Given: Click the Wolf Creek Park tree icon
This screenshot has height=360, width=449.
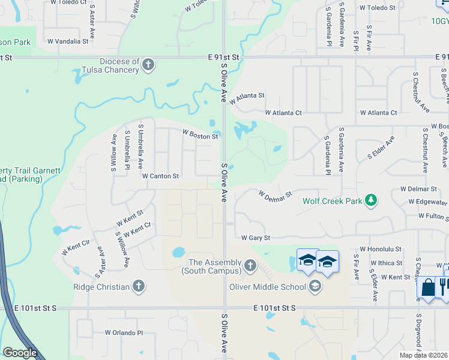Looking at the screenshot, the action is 372,200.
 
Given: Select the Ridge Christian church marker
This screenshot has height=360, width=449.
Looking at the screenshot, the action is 139,286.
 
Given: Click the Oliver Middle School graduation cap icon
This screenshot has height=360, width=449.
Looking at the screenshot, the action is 314,286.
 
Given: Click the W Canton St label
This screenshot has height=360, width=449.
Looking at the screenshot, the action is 160,176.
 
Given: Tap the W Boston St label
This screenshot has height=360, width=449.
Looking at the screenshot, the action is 200,136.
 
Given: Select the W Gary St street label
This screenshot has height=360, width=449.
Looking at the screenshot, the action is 256,238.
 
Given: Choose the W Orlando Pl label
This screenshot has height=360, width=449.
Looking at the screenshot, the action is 124,332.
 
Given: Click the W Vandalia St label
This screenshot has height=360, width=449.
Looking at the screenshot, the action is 67,41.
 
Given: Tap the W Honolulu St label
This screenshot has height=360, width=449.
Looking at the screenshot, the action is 380,248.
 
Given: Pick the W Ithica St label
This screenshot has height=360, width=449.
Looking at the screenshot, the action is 386,263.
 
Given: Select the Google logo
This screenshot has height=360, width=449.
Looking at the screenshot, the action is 20,353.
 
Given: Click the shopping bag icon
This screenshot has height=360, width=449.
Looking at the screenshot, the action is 428,288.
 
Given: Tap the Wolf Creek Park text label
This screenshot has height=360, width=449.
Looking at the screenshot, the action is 332,201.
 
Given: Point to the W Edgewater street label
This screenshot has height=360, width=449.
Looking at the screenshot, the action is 428,202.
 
